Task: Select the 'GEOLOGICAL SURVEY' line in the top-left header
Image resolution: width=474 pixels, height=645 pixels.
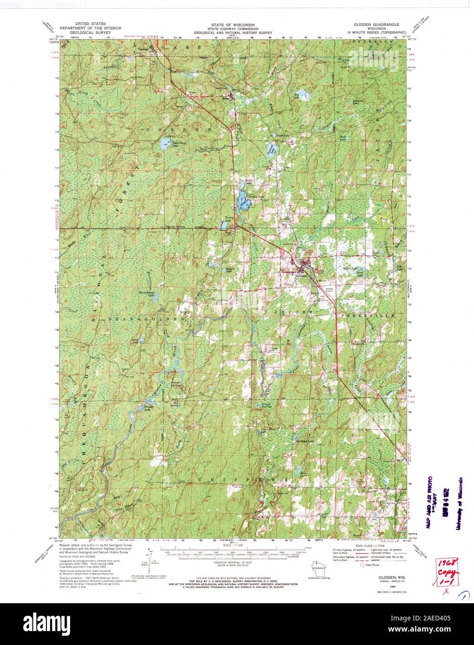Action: click(x=87, y=33)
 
